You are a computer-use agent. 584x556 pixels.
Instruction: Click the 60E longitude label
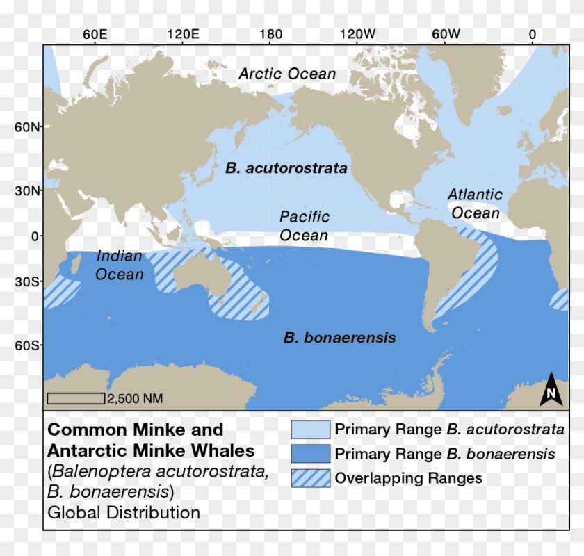pyautogui.click(x=94, y=34)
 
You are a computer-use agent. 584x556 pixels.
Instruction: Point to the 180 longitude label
pyautogui.click(x=270, y=34)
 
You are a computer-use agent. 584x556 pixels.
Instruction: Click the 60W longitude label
pyautogui.click(x=446, y=34)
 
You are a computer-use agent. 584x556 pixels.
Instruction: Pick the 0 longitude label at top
pyautogui.click(x=532, y=34)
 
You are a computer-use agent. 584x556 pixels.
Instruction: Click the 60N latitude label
pyautogui.click(x=30, y=127)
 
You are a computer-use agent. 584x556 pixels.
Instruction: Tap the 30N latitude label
pyautogui.click(x=30, y=190)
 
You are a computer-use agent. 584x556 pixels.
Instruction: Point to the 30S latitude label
pyautogui.click(x=30, y=282)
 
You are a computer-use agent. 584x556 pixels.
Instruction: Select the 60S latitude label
pyautogui.click(x=30, y=345)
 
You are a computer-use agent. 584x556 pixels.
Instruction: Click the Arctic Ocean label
pyautogui.click(x=287, y=74)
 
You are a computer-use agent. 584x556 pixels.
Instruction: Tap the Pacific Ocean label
pyautogui.click(x=304, y=226)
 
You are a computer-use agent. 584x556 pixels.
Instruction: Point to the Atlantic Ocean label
pyautogui.click(x=476, y=204)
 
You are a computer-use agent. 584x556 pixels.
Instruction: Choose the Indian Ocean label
pyautogui.click(x=120, y=265)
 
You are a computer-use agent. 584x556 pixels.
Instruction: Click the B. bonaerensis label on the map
pyautogui.click(x=339, y=338)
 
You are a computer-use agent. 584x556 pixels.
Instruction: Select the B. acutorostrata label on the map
pyautogui.click(x=286, y=167)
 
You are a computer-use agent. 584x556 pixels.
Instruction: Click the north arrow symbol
pyautogui.click(x=551, y=389)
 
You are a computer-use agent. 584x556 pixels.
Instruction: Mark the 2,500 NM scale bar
pyautogui.click(x=75, y=398)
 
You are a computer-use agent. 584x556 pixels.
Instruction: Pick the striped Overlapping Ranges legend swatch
pyautogui.click(x=310, y=478)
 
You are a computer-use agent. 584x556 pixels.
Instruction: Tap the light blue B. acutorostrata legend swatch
pyautogui.click(x=310, y=429)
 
